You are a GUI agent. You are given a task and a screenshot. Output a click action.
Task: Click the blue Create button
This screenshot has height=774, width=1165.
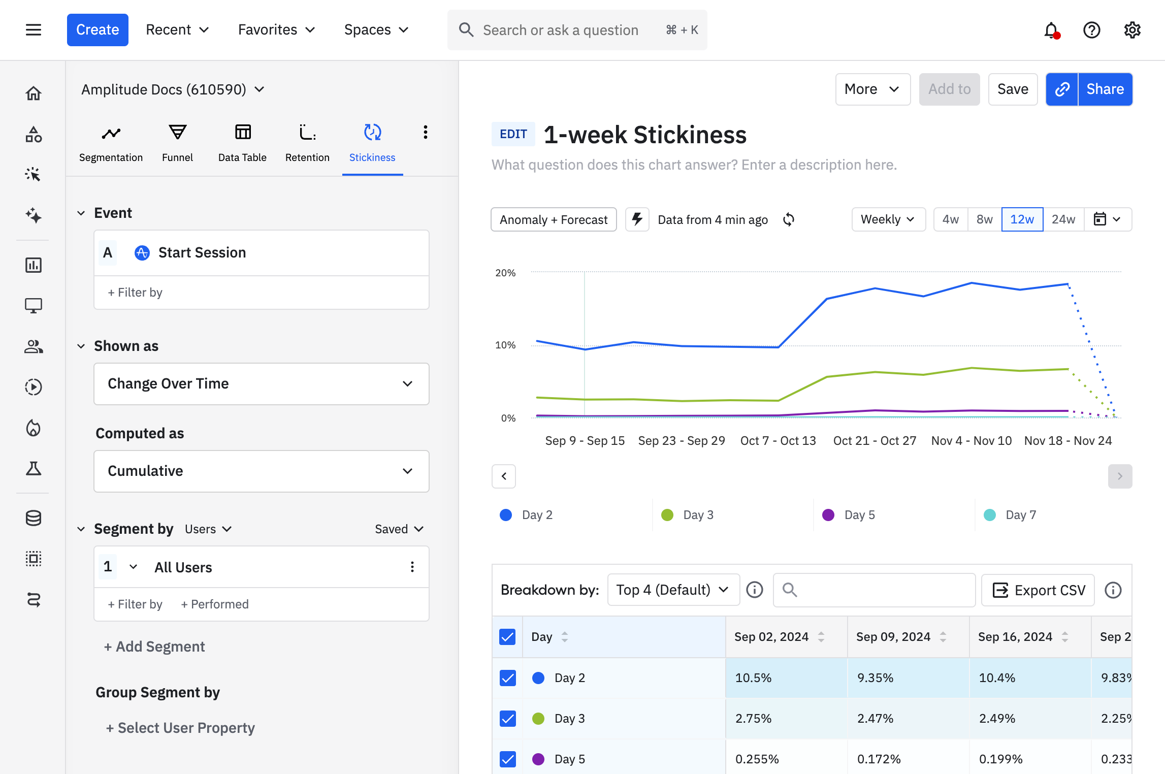click(x=98, y=30)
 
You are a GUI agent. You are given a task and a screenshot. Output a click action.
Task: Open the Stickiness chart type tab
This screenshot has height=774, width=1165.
click(x=372, y=143)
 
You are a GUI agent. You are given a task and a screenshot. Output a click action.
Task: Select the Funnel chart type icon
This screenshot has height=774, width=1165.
click(x=177, y=143)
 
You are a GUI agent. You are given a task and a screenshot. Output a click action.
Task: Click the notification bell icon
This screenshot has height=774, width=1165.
click(x=1051, y=30)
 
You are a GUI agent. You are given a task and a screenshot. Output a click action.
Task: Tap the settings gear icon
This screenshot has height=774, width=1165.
click(x=1132, y=30)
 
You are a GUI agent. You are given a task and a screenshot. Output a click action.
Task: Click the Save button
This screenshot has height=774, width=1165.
click(x=1012, y=89)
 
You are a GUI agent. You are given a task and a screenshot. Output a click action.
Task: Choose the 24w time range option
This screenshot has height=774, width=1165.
click(x=1063, y=219)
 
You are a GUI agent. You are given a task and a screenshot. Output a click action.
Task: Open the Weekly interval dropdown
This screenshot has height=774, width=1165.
click(x=888, y=219)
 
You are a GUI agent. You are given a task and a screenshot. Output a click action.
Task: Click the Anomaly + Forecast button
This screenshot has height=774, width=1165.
click(x=554, y=219)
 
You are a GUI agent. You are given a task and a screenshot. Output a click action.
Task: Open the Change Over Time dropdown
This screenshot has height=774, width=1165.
click(x=261, y=384)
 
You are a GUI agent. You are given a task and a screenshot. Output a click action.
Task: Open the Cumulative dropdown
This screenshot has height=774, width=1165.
click(x=261, y=471)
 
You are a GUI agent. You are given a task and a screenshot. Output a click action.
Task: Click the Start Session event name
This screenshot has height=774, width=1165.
click(x=202, y=252)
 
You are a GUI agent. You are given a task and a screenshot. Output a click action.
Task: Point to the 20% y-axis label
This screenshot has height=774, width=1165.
click(x=505, y=273)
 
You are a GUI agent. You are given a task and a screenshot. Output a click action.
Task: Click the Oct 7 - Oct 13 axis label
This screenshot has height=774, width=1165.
click(x=778, y=441)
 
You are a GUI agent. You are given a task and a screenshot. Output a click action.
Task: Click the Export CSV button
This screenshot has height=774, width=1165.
click(x=1038, y=590)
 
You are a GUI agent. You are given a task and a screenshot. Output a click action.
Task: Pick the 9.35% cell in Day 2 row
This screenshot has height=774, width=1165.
click(x=875, y=678)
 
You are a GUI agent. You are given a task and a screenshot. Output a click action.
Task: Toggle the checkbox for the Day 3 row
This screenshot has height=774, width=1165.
click(x=507, y=719)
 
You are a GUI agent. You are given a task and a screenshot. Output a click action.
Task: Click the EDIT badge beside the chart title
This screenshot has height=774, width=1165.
click(x=513, y=134)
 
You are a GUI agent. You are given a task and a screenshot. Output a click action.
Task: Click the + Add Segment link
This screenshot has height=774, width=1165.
click(x=154, y=647)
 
